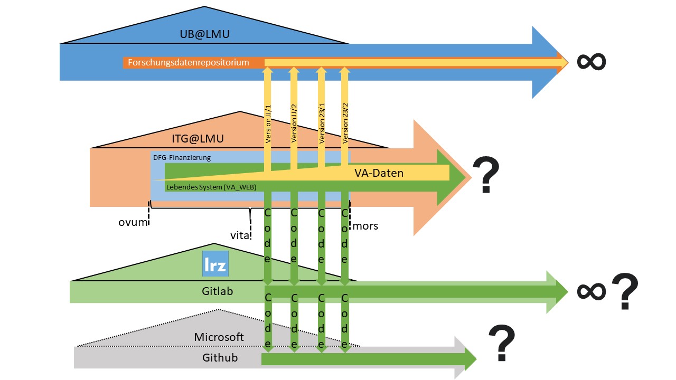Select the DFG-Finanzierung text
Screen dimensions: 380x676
[x=182, y=157]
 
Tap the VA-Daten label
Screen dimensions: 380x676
[x=379, y=173]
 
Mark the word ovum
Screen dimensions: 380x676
[x=132, y=222]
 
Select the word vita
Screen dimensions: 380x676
[x=240, y=236]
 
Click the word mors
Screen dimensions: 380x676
[x=366, y=226]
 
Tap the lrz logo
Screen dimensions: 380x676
[x=215, y=264]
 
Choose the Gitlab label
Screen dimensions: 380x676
[x=218, y=291]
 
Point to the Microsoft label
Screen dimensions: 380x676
[x=219, y=337]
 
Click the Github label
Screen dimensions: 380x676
[x=220, y=358]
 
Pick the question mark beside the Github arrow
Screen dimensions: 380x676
[x=501, y=343]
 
